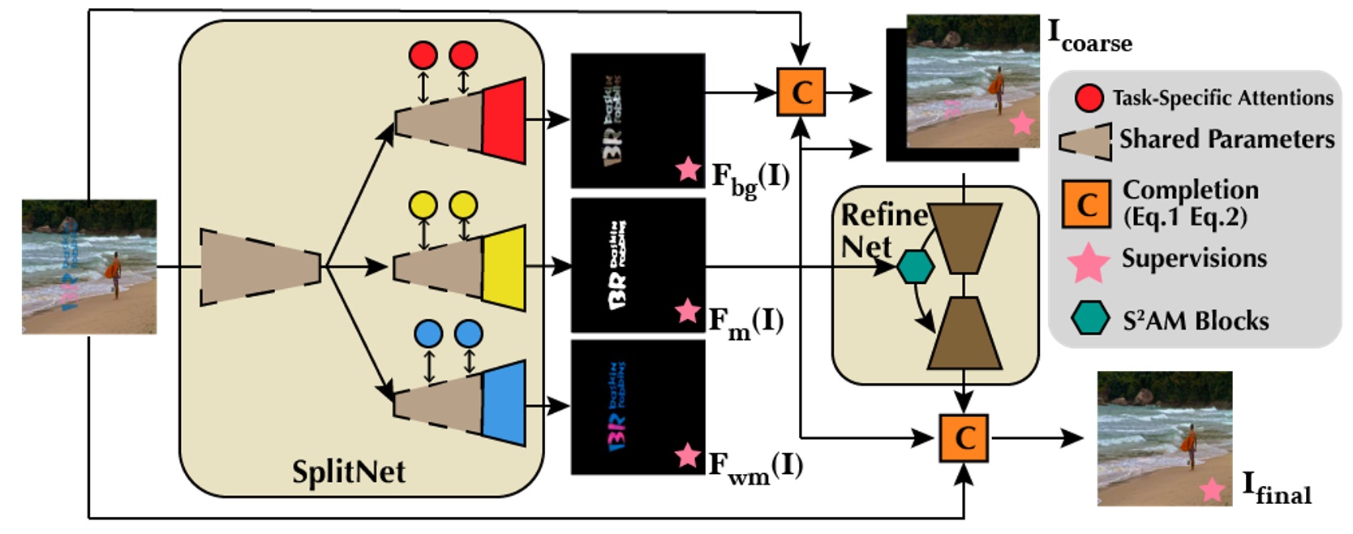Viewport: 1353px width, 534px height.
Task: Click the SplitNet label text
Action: point(348,472)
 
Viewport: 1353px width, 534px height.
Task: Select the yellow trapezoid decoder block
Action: point(504,268)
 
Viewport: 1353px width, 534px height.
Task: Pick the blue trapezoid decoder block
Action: point(504,403)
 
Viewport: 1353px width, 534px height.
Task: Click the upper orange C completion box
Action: point(801,92)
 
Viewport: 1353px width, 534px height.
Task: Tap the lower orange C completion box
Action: point(963,438)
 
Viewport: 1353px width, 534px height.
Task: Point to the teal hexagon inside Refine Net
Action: point(915,267)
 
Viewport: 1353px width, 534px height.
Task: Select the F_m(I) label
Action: point(746,322)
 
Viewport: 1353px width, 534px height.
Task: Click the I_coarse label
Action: point(1089,36)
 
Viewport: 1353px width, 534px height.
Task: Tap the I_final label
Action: point(1276,488)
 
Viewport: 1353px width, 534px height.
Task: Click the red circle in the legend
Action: point(1089,98)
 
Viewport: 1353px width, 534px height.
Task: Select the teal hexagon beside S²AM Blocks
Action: point(1089,318)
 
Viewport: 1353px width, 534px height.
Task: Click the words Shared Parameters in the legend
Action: point(1226,140)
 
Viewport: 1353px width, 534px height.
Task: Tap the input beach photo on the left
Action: point(89,267)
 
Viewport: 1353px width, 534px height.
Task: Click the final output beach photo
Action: point(1164,438)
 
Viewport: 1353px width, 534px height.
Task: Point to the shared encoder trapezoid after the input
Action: point(260,267)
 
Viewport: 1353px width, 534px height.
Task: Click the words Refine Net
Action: point(880,230)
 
